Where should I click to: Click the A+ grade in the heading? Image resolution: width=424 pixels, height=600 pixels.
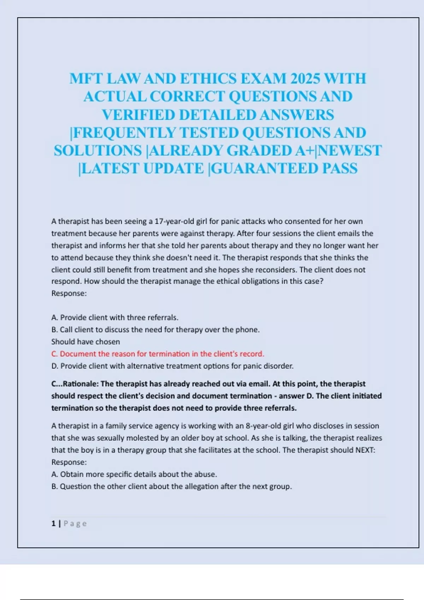point(305,150)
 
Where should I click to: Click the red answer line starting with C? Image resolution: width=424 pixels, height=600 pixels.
point(158,354)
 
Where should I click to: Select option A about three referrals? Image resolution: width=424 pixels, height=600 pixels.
point(115,317)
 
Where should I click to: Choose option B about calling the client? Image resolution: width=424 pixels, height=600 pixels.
point(155,329)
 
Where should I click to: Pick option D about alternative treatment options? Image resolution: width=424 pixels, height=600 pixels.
point(172,366)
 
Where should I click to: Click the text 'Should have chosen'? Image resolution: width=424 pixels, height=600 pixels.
point(86,342)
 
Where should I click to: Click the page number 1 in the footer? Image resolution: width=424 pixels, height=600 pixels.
point(53,523)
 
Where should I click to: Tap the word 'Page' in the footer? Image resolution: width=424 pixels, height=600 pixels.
point(75,523)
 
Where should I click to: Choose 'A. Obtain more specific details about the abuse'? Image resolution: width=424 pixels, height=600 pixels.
point(134,474)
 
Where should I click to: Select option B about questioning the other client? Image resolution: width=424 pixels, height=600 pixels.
point(172,486)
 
